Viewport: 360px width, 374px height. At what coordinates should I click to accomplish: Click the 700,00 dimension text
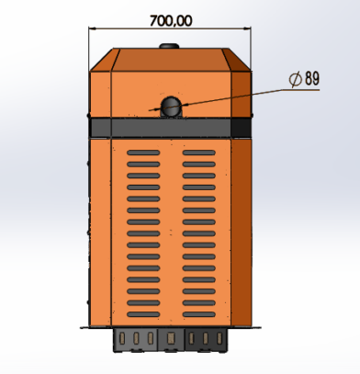click(171, 21)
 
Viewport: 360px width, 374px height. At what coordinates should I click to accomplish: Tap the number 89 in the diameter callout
click(312, 78)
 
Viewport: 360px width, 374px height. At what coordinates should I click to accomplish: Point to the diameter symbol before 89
click(296, 79)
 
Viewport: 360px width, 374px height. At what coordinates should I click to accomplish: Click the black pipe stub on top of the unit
click(169, 46)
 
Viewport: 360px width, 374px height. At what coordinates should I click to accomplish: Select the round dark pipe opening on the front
click(171, 106)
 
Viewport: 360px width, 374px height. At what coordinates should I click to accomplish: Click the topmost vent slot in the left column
click(143, 153)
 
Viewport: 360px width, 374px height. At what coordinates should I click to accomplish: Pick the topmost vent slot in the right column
click(199, 153)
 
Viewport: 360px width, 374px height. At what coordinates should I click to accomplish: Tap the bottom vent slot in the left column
click(143, 314)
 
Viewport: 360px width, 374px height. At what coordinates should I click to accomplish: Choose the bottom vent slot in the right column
click(199, 314)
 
